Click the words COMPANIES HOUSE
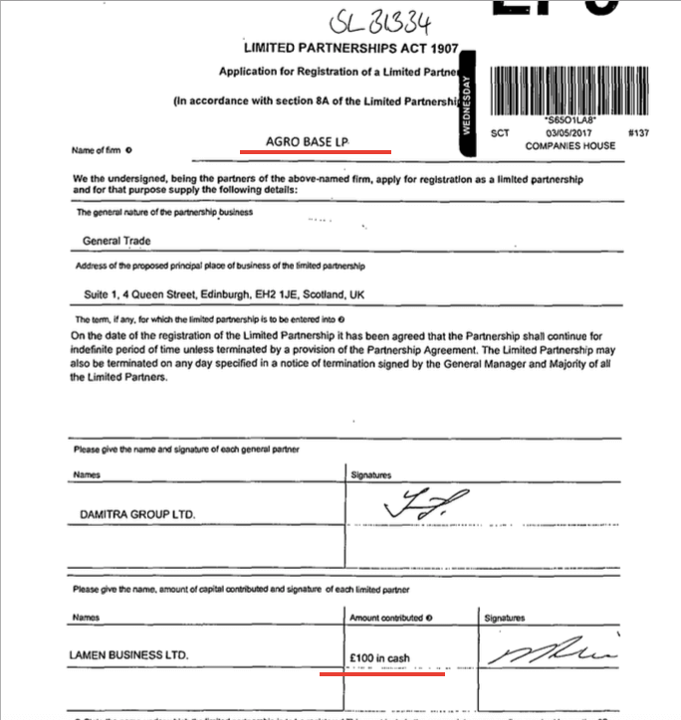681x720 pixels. tap(570, 146)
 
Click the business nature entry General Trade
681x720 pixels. tap(114, 240)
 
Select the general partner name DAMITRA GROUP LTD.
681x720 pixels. tap(138, 514)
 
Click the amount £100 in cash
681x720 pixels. tap(379, 657)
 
